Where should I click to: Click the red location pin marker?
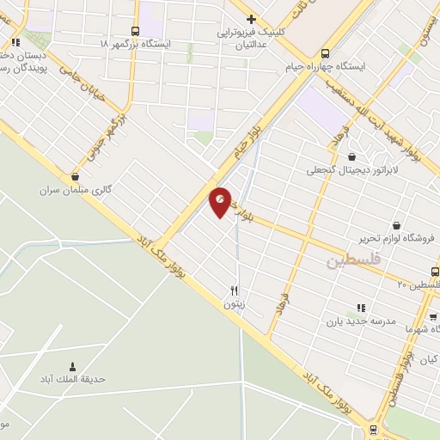pyautogui.click(x=221, y=202)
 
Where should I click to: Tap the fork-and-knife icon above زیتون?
pyautogui.click(x=234, y=290)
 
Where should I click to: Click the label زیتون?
pyautogui.click(x=234, y=304)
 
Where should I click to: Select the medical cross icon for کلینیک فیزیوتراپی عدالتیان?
pyautogui.click(x=251, y=19)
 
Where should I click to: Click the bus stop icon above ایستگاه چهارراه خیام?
pyautogui.click(x=324, y=52)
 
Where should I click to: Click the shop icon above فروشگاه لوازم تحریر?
pyautogui.click(x=395, y=225)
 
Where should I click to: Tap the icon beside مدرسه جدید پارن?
pyautogui.click(x=360, y=307)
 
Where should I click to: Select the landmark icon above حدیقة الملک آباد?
pyautogui.click(x=72, y=366)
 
